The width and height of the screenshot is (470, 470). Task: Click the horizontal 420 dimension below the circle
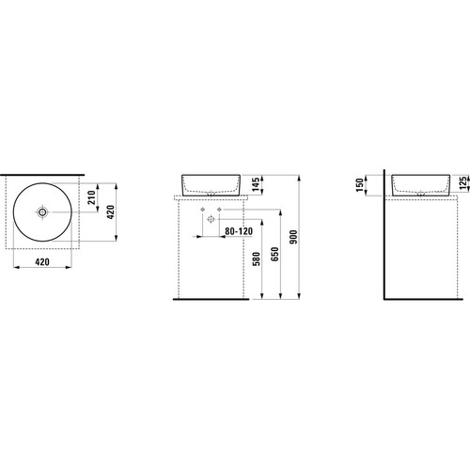click(x=42, y=261)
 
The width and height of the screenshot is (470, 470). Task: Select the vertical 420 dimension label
click(x=111, y=212)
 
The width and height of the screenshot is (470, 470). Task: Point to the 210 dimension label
click(x=92, y=197)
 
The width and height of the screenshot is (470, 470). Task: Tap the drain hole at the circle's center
click(x=42, y=212)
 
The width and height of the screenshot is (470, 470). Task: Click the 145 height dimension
click(x=257, y=184)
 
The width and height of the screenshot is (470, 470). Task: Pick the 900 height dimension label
click(x=293, y=237)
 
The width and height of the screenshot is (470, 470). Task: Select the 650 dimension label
click(x=274, y=254)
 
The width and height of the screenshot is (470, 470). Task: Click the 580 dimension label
click(x=257, y=258)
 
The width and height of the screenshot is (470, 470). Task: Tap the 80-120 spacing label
click(x=239, y=231)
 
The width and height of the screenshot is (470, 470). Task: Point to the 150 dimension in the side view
click(x=360, y=185)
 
